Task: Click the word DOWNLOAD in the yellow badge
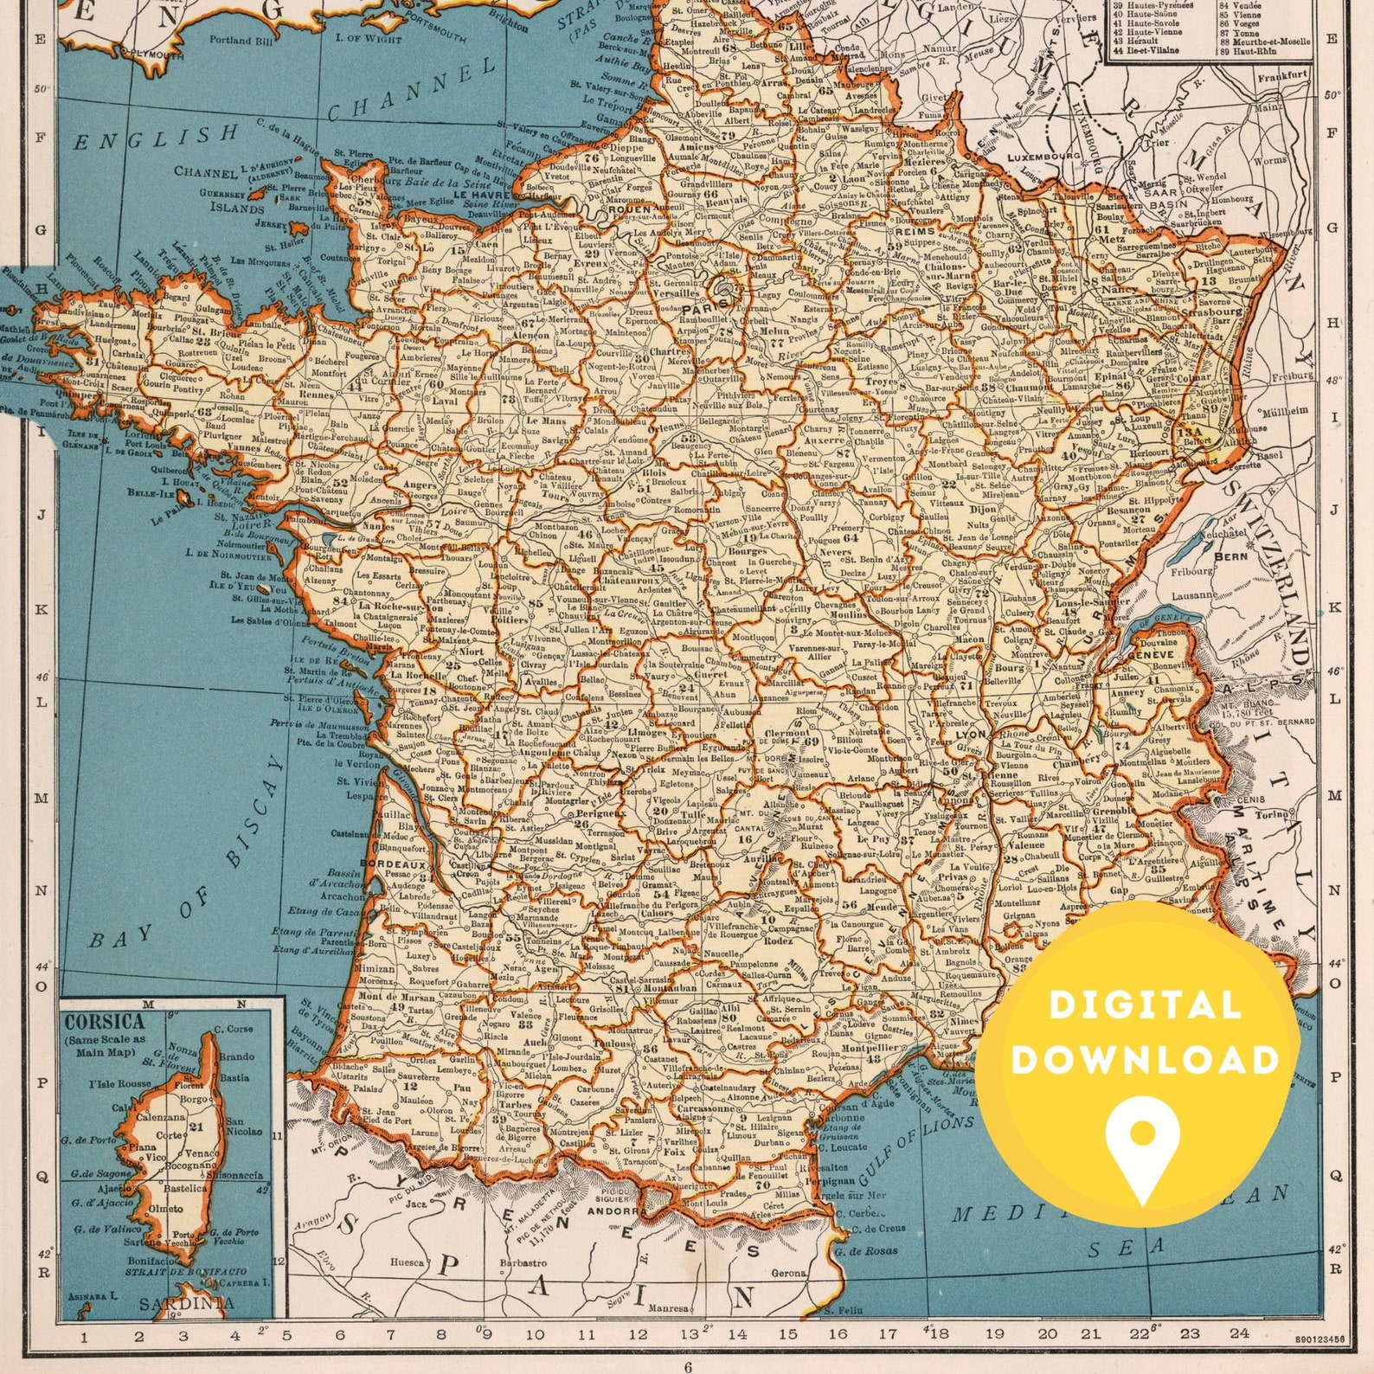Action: (1146, 1060)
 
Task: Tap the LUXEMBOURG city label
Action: (1044, 157)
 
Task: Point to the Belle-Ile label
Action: (151, 492)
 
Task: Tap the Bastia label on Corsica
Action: (234, 1077)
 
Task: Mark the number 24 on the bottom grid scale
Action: (1239, 1333)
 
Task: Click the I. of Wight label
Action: (369, 39)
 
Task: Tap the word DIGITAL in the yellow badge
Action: (1146, 1005)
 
